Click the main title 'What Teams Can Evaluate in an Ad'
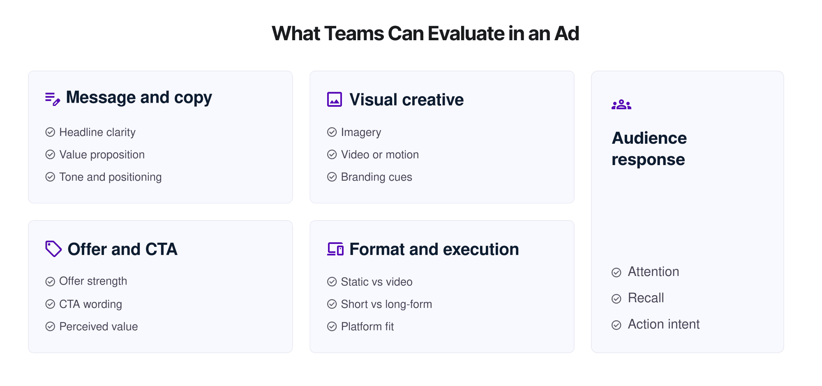point(425,34)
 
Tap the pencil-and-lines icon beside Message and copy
point(53,99)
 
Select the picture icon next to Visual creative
point(334,99)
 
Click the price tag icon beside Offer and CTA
point(53,249)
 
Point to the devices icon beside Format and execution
point(335,249)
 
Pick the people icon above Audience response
point(621,105)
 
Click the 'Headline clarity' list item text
point(97,132)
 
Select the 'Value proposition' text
point(102,155)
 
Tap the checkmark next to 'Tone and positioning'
point(50,177)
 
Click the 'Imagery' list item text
point(361,132)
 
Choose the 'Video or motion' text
point(380,155)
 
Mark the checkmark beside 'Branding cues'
point(332,177)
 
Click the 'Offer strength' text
point(93,281)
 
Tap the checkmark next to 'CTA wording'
point(50,304)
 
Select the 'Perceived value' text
point(99,327)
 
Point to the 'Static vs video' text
point(376,282)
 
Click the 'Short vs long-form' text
point(386,304)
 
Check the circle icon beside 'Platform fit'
point(332,327)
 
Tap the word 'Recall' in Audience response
point(646,298)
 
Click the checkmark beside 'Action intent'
point(616,325)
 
